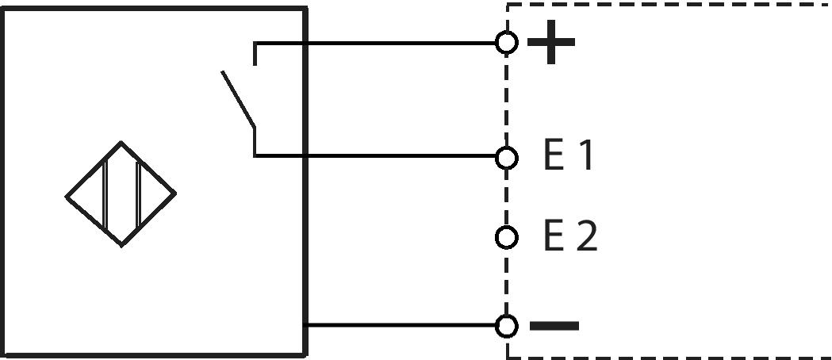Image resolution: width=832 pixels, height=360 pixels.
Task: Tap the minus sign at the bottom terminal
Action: click(554, 325)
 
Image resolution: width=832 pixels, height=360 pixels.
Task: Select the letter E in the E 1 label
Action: click(553, 156)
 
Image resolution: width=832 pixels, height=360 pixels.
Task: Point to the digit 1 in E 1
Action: click(585, 156)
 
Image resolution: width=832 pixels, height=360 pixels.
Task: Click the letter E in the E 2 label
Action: click(553, 236)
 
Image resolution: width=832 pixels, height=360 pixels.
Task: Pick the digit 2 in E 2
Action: click(586, 236)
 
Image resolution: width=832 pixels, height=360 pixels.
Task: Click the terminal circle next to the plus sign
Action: click(507, 42)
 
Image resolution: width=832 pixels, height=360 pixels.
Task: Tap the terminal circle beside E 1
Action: click(507, 158)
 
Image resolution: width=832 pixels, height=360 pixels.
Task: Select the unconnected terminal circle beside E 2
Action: click(507, 236)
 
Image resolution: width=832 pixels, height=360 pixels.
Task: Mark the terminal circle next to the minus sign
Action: click(507, 325)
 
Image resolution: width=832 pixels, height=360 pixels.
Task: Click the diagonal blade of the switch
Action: click(238, 100)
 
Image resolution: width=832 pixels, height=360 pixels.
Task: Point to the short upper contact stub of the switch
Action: click(255, 52)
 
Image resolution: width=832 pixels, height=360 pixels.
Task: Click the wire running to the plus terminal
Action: click(381, 42)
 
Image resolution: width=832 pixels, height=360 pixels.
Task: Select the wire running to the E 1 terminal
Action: click(381, 156)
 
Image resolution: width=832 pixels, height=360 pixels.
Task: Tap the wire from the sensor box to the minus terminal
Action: click(404, 324)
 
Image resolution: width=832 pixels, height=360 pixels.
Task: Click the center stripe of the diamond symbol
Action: click(121, 194)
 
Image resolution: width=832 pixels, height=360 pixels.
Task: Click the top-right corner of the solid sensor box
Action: click(305, 10)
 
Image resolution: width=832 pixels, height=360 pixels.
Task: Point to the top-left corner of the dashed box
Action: click(508, 5)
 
